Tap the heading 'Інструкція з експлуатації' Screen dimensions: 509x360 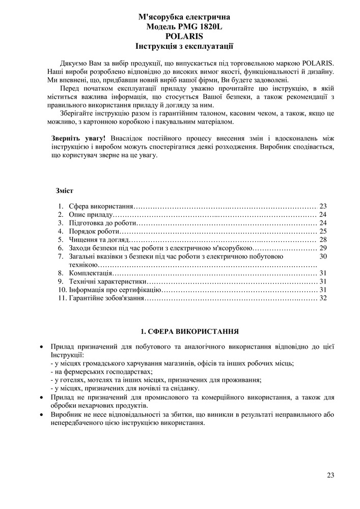184,46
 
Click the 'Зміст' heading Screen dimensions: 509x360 64,191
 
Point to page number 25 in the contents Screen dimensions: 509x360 322,231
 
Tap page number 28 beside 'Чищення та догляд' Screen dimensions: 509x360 322,240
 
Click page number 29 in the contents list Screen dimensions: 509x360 322,248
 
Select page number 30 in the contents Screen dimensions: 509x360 322,256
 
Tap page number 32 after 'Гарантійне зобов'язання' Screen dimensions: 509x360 322,298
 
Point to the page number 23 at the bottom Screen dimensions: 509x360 330,475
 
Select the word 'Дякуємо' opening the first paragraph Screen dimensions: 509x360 73,63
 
